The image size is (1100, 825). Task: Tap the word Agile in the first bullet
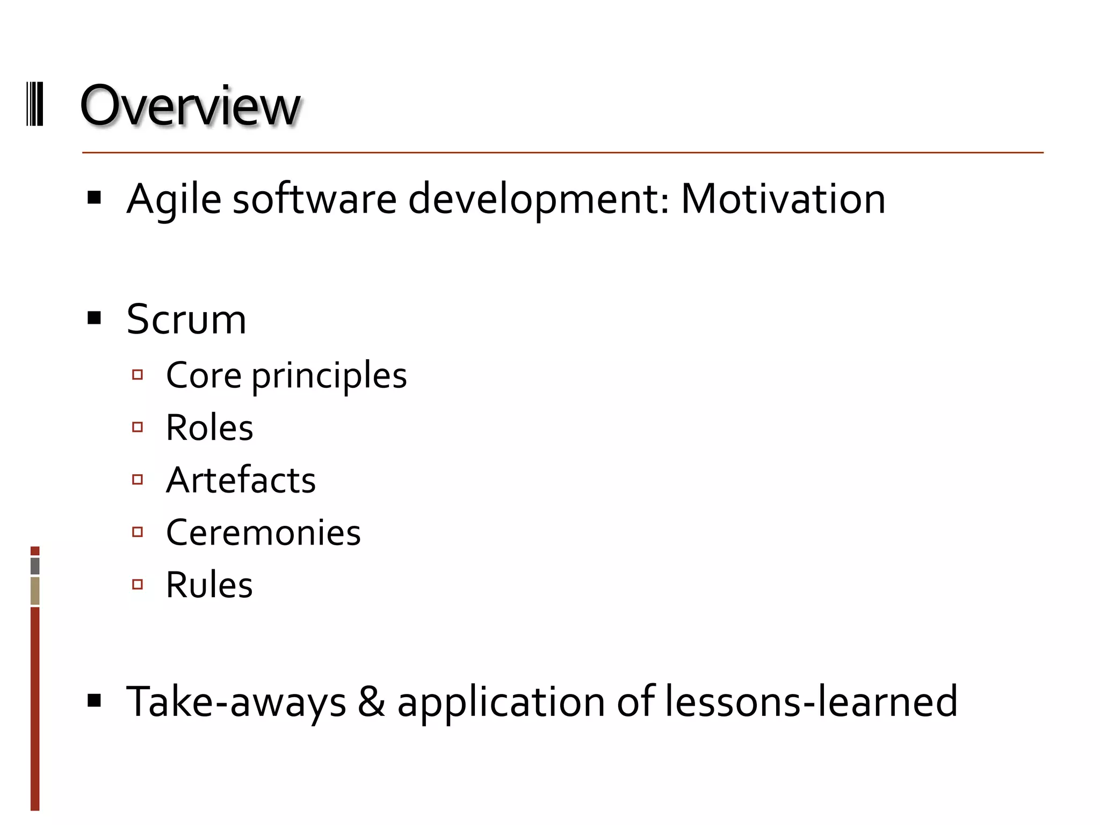coord(173,199)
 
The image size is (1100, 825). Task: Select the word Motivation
coord(783,199)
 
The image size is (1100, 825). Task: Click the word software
coord(314,199)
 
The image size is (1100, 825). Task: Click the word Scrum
coord(186,320)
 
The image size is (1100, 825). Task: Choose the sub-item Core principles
coord(286,375)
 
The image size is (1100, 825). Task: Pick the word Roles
coord(209,428)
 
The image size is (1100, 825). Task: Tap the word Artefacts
coord(241,480)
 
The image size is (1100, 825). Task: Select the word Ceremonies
coord(263,532)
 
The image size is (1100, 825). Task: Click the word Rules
coord(209,584)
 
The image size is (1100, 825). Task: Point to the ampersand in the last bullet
coord(372,701)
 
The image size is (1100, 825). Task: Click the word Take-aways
coord(236,701)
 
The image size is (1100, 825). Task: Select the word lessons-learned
coord(811,701)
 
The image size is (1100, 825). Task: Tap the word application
coord(501,701)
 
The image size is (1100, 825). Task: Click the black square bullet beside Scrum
coord(95,319)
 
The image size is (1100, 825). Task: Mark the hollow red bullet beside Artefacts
coord(137,479)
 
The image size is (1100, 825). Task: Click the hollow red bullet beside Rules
coord(137,584)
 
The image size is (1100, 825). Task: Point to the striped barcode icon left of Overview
coord(35,104)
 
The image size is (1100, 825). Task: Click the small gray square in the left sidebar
coord(35,566)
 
